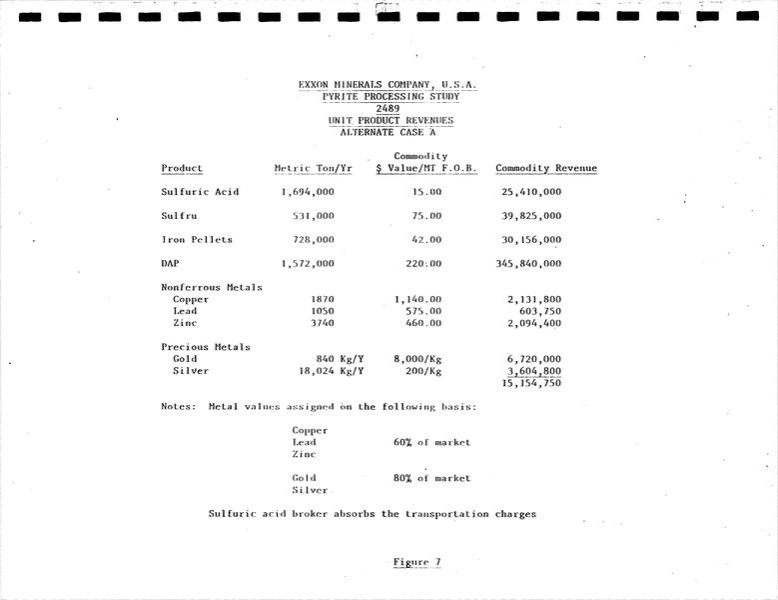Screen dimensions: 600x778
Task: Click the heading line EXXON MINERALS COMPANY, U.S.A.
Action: click(x=388, y=85)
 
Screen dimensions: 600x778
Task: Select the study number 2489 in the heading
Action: click(x=389, y=108)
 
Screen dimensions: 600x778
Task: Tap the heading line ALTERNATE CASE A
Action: click(x=389, y=132)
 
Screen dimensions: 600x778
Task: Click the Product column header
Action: click(x=182, y=168)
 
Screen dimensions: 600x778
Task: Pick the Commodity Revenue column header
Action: click(x=546, y=168)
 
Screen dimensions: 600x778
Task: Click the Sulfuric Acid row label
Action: click(x=200, y=192)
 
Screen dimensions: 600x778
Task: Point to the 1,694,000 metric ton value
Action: click(x=308, y=192)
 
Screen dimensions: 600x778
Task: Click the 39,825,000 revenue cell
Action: click(x=529, y=216)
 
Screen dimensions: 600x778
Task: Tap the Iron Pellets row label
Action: click(x=197, y=240)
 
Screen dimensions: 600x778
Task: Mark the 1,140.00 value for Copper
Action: click(x=418, y=299)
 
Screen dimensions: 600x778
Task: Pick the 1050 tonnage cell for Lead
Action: click(x=322, y=311)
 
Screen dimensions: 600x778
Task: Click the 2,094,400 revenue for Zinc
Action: click(x=534, y=323)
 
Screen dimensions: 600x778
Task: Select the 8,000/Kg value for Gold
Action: click(x=417, y=359)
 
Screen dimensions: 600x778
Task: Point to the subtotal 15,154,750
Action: click(x=531, y=383)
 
